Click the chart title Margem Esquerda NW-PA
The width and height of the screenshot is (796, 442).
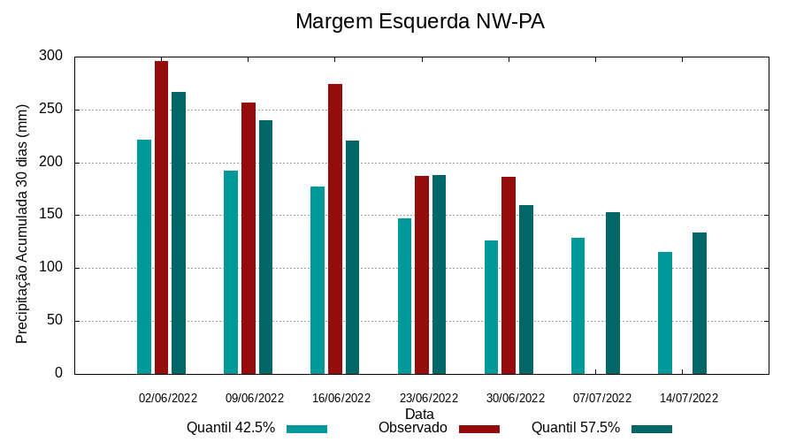click(x=419, y=21)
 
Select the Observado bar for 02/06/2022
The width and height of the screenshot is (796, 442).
click(x=161, y=217)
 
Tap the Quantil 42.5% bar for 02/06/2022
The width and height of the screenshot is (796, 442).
click(x=144, y=256)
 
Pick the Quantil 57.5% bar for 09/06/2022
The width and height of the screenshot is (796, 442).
click(x=265, y=247)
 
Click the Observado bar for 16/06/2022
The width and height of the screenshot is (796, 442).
click(x=335, y=229)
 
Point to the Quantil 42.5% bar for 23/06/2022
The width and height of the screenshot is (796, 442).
click(x=404, y=296)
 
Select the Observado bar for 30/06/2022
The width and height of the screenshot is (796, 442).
click(x=509, y=275)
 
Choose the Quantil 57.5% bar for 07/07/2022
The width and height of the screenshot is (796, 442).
click(x=613, y=293)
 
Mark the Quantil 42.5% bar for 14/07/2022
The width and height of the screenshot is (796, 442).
click(x=665, y=313)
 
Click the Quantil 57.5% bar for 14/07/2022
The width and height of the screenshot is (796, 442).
click(x=700, y=303)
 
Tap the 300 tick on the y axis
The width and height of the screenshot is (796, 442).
click(x=51, y=57)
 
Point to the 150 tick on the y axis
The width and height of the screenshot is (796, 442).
click(x=51, y=215)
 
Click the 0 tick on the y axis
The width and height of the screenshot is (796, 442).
click(x=58, y=373)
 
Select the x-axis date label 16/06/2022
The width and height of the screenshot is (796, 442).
click(x=341, y=398)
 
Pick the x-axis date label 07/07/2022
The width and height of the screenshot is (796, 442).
click(x=602, y=398)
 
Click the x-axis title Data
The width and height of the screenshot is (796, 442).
click(x=419, y=414)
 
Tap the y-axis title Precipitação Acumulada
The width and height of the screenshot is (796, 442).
click(x=23, y=224)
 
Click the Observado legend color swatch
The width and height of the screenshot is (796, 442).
click(x=479, y=429)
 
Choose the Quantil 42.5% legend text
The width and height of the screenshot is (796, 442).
click(x=231, y=428)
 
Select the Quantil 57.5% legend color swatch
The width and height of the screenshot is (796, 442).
click(x=652, y=429)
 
